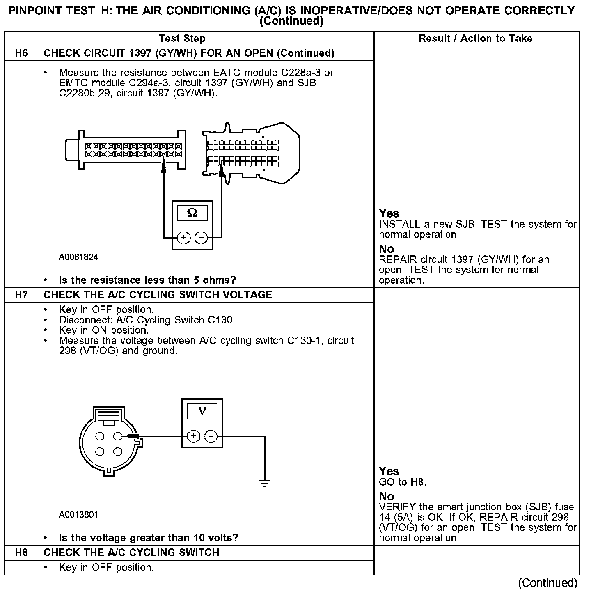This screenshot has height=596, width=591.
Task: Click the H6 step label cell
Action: click(x=21, y=53)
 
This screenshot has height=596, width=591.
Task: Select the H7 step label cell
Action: click(x=21, y=295)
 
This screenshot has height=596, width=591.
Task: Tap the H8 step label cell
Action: click(x=21, y=553)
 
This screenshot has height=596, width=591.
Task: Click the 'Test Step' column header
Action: click(x=182, y=39)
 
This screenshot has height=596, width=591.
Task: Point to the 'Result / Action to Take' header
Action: click(x=476, y=39)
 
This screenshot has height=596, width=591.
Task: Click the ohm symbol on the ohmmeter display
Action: click(x=192, y=213)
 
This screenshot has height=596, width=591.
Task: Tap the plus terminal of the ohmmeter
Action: click(x=183, y=238)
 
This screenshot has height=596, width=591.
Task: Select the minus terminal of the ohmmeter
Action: click(x=201, y=238)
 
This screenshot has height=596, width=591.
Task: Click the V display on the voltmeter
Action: click(x=202, y=410)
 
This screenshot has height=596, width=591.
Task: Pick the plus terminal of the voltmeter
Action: click(x=194, y=436)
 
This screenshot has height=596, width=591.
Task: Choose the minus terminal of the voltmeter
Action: click(x=211, y=436)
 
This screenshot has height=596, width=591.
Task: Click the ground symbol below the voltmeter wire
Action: click(x=265, y=483)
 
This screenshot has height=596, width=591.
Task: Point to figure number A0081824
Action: click(x=79, y=257)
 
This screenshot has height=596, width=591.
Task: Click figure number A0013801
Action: click(x=79, y=515)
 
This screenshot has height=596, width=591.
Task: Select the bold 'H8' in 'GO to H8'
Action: click(x=418, y=482)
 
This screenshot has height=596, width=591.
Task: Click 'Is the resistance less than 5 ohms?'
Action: click(x=148, y=280)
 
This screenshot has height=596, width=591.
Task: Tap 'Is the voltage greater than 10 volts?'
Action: click(x=149, y=538)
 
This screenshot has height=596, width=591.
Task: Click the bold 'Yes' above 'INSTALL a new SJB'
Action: click(x=389, y=213)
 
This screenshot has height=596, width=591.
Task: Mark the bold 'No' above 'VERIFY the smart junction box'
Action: click(x=386, y=496)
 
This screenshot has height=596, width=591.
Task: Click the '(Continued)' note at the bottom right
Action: click(x=547, y=583)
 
